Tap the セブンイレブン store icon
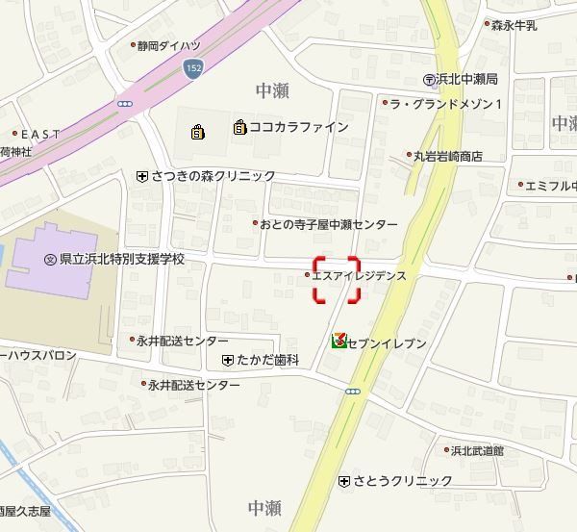(339, 342)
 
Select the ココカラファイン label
(298, 127)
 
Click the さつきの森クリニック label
(213, 176)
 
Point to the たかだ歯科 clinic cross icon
(227, 360)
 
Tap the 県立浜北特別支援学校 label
(121, 259)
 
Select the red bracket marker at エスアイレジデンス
(337, 280)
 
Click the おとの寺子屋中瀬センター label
(328, 224)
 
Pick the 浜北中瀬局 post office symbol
(429, 79)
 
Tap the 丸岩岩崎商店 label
(447, 155)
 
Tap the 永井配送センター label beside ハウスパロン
(183, 341)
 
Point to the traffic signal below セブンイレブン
(352, 391)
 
